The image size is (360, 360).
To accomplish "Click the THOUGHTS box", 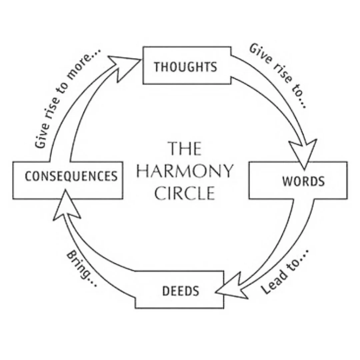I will [x=186, y=66].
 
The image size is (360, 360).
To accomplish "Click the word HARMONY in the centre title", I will [x=185, y=171].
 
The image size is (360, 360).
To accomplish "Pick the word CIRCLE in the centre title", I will [x=185, y=193].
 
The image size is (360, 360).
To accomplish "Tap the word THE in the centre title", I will [x=185, y=149].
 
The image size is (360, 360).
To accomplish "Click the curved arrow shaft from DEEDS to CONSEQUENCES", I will [x=97, y=263].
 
